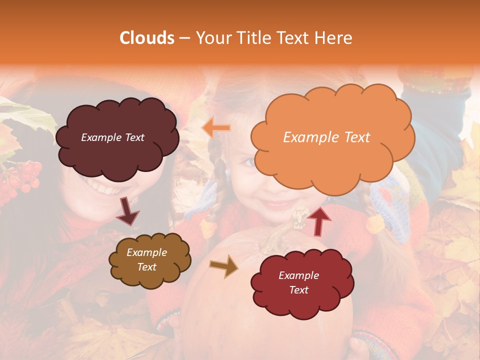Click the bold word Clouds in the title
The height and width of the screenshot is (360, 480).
point(147,38)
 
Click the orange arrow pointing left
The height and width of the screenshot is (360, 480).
point(216,128)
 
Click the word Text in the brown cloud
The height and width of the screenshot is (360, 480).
point(147,267)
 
